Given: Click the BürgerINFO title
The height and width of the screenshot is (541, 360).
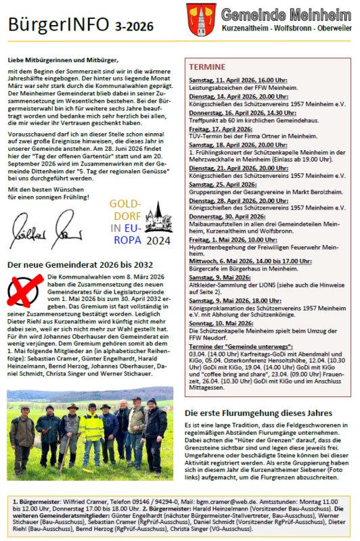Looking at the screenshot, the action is (58, 24).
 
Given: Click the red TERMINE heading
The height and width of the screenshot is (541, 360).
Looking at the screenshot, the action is (203, 68).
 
